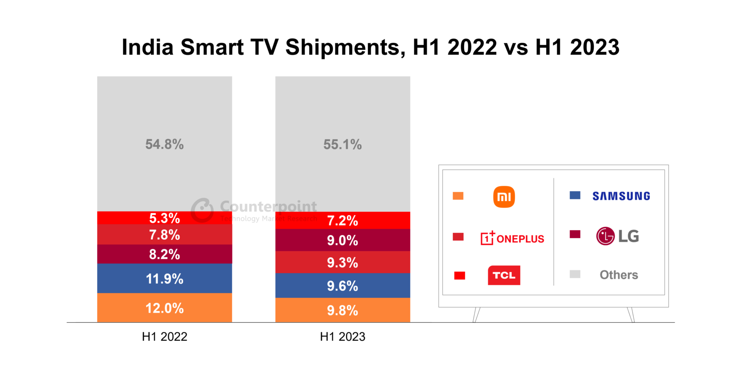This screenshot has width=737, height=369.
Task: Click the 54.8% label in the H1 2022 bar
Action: (x=164, y=144)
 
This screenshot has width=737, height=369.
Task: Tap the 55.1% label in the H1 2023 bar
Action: (x=342, y=144)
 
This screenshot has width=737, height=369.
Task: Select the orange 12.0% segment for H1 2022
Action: (x=164, y=308)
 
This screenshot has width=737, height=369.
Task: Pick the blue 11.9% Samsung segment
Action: (x=164, y=278)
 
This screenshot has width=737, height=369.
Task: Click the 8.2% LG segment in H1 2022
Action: (x=164, y=254)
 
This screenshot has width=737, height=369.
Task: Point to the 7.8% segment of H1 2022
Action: (x=164, y=235)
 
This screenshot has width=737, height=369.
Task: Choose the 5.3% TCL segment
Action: (x=164, y=218)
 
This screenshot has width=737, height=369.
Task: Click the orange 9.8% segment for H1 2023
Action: (x=342, y=310)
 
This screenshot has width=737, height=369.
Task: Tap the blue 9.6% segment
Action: (x=342, y=286)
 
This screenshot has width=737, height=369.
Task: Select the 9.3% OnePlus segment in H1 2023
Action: (x=342, y=262)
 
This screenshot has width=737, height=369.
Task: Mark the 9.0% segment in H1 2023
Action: (x=342, y=240)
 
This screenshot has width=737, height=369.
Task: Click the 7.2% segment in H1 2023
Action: (x=342, y=220)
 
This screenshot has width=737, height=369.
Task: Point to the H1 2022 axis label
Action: (x=164, y=336)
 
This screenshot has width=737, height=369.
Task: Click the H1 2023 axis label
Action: (x=342, y=336)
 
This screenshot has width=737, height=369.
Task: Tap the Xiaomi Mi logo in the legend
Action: (x=504, y=197)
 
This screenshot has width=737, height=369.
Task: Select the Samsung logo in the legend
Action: (x=621, y=196)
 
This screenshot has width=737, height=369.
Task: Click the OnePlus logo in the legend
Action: (x=512, y=238)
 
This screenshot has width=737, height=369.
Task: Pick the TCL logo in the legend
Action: (x=504, y=275)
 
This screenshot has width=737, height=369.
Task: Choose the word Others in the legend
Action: (x=619, y=275)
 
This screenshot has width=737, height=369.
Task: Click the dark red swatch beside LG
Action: (x=575, y=235)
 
